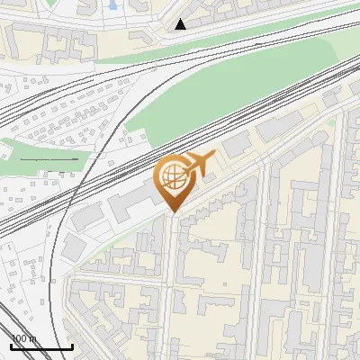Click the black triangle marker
(181, 24)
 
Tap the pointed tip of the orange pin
(172, 212)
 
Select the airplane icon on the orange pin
(200, 164)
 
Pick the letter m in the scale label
(33, 338)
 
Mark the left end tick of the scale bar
(10, 346)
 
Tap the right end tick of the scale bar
(72, 346)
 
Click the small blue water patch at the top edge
(112, 4)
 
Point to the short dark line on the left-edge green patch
(49, 159)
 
